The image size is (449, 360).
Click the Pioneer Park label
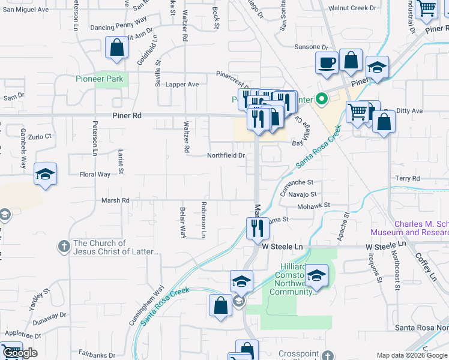[x=99, y=79]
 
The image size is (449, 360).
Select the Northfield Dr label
[x=226, y=155]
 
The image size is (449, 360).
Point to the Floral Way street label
[x=95, y=175]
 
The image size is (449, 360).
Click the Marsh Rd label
[x=116, y=200]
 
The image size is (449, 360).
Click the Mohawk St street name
[x=313, y=205]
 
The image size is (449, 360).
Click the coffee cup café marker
[x=327, y=62]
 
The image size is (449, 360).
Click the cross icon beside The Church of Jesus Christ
[x=64, y=246]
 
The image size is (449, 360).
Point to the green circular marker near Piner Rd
[x=321, y=100]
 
